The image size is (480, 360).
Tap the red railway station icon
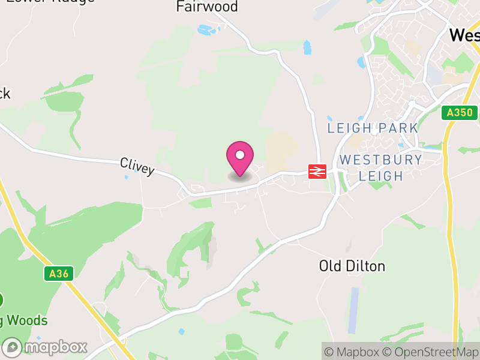click(317, 172)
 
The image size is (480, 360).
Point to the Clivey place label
click(137, 166)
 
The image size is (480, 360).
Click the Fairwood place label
click(207, 7)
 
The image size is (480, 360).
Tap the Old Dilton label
click(352, 266)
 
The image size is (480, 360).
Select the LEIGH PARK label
click(372, 128)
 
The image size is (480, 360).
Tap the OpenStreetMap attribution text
click(431, 352)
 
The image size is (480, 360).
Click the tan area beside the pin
click(281, 150)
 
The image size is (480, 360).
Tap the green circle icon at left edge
click(1, 299)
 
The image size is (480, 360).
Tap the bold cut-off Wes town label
click(464, 35)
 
